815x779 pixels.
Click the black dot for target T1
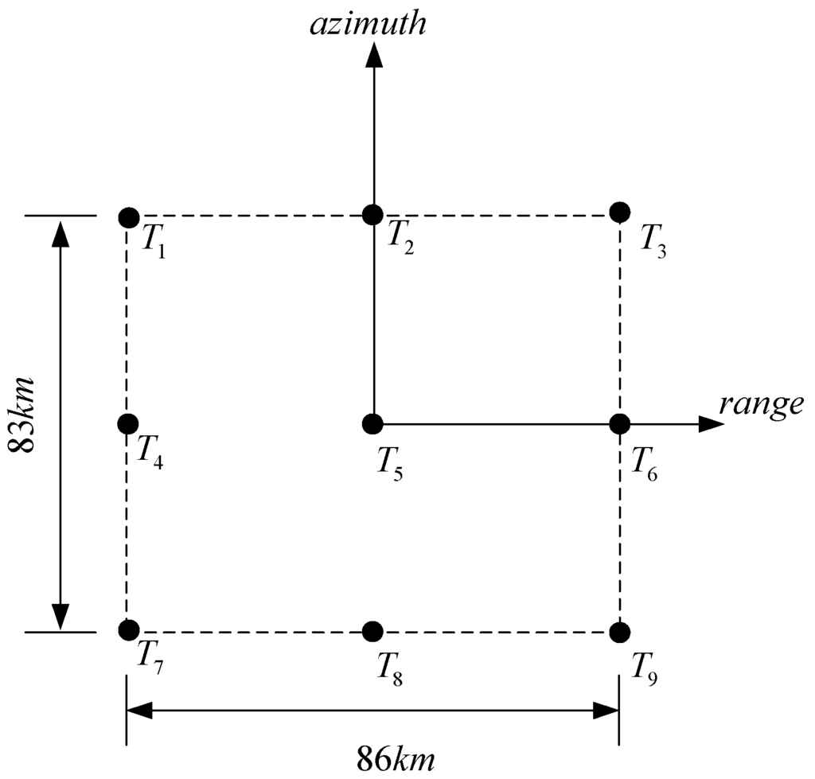point(128,216)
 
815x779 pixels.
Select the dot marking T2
point(372,214)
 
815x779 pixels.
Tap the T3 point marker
point(619,212)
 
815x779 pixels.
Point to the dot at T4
point(127,423)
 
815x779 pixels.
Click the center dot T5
point(372,423)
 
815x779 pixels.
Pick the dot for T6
point(619,423)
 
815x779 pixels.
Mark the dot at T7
point(127,631)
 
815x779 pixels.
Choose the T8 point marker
point(372,632)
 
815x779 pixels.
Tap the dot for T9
point(619,632)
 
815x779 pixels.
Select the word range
point(761,405)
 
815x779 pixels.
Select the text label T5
point(391,462)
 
